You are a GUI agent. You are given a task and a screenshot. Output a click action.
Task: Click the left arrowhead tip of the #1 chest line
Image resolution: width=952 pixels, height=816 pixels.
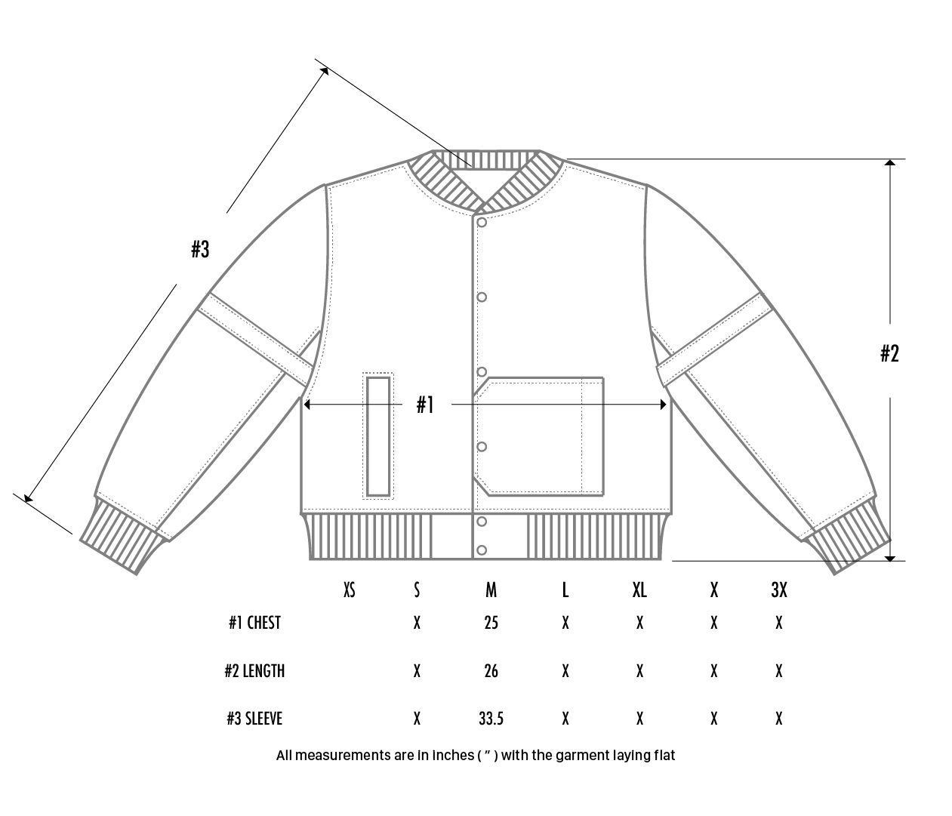[x=304, y=405]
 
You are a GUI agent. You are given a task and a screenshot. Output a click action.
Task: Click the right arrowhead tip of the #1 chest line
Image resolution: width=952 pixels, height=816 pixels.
[x=667, y=405]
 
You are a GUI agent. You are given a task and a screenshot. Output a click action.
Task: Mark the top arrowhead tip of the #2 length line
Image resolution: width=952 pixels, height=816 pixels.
[x=890, y=160]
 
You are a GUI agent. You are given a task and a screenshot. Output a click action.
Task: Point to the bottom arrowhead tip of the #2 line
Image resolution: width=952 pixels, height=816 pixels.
[x=890, y=562]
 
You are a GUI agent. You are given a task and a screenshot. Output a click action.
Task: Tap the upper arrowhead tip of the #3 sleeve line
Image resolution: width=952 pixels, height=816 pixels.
[x=328, y=68]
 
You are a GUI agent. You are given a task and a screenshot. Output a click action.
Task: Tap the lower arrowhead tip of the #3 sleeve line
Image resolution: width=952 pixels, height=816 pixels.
[x=25, y=502]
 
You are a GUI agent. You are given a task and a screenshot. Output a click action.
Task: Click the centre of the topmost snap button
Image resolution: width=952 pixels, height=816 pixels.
[x=482, y=223]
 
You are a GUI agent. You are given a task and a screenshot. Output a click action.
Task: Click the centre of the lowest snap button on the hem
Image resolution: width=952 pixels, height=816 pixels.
[x=482, y=550]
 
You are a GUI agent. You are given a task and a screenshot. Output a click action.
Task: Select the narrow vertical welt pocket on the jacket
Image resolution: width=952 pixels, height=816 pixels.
[x=378, y=436]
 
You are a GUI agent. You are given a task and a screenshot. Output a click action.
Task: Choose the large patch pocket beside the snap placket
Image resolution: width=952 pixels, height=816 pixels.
[x=538, y=436]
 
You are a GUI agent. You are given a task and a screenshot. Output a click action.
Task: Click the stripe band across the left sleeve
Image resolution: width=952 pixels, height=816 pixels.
[x=256, y=340]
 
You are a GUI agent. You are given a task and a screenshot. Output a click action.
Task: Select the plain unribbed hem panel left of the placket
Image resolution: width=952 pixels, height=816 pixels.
[x=452, y=537]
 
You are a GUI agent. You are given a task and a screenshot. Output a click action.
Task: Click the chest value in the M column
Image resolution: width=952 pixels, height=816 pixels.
[x=491, y=623]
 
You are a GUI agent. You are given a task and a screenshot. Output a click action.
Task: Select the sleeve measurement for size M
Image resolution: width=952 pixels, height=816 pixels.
[x=491, y=719]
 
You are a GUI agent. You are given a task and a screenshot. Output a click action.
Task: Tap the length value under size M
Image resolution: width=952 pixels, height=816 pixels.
[x=491, y=671]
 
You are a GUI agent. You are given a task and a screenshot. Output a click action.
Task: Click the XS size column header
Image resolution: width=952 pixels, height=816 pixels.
[x=350, y=590]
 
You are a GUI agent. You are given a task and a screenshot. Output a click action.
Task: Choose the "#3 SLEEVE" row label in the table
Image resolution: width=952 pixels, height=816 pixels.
[x=254, y=719]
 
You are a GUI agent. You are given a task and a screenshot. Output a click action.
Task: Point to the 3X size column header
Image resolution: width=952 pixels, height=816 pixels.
[x=779, y=590]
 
